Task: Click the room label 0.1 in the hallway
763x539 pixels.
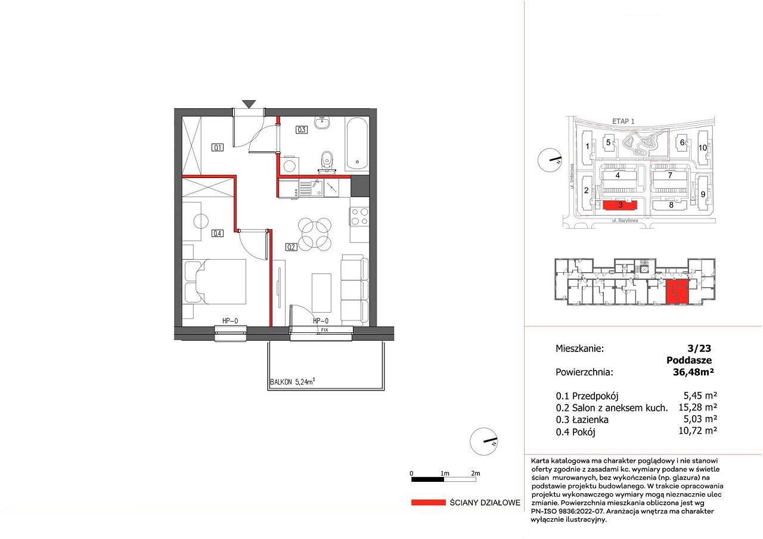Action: click(x=218, y=147)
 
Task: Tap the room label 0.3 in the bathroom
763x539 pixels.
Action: click(x=302, y=130)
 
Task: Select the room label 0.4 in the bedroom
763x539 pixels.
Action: click(x=218, y=233)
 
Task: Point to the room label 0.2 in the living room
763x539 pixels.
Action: click(x=291, y=247)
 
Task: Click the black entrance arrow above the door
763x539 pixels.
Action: click(x=249, y=104)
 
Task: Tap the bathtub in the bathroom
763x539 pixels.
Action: click(x=357, y=145)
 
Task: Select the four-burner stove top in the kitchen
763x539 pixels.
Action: click(x=359, y=216)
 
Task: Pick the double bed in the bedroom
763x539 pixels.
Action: click(x=215, y=282)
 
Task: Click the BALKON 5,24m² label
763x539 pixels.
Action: click(x=292, y=382)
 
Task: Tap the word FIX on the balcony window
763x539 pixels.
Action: click(x=324, y=330)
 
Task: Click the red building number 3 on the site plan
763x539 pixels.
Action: click(x=621, y=205)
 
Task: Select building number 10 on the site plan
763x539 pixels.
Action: click(x=703, y=148)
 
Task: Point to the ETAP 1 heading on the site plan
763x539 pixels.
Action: click(x=624, y=121)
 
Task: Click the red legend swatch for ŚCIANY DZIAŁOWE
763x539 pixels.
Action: click(x=428, y=502)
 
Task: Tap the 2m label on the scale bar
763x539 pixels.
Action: click(x=476, y=473)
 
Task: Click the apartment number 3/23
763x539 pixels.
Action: click(x=699, y=348)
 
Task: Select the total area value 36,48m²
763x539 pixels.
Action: click(x=693, y=372)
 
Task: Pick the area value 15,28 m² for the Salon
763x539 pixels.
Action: click(x=697, y=407)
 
